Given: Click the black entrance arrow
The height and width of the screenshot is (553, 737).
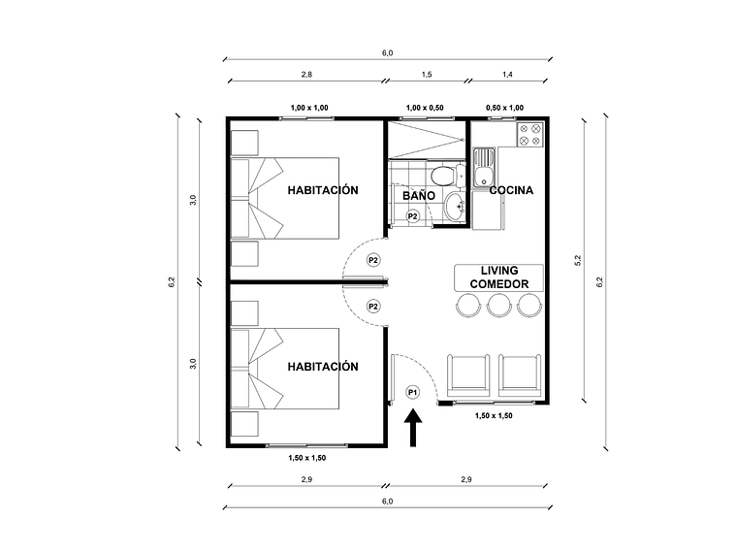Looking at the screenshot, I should (x=413, y=429).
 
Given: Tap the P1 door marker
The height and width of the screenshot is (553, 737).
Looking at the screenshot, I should (x=412, y=392).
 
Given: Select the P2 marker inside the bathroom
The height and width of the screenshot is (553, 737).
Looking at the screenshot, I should (x=413, y=216).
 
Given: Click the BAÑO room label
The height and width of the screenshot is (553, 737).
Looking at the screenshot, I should (x=418, y=195).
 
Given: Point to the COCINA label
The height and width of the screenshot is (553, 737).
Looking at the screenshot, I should (x=511, y=190).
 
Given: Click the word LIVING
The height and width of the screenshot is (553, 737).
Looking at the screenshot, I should (x=499, y=270).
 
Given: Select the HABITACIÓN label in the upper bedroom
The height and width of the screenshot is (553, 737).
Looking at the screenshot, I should (x=323, y=190).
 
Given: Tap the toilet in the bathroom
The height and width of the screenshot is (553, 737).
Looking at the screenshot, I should (x=442, y=177).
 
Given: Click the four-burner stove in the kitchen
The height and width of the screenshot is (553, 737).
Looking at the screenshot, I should (x=529, y=135).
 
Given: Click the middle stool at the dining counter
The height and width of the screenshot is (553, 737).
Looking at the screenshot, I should (x=499, y=306).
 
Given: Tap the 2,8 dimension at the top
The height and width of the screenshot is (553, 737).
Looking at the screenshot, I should (x=306, y=74).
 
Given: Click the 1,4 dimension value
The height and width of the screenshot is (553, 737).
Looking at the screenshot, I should (x=508, y=74).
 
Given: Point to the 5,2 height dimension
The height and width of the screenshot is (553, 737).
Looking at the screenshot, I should (x=577, y=259).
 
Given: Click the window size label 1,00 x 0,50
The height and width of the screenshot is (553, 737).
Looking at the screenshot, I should (x=428, y=108).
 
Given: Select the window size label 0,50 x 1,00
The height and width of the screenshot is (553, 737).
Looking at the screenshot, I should (x=504, y=108).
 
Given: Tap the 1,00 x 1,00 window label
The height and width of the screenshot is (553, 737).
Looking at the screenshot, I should (x=309, y=108).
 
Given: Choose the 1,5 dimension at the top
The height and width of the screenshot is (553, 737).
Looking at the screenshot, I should (x=428, y=74).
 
